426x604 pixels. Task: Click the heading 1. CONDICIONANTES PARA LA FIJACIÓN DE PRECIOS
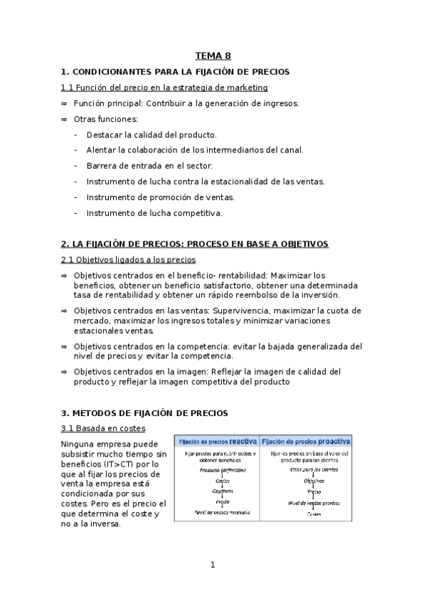pos(176,72)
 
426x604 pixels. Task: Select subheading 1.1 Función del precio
pos(164,88)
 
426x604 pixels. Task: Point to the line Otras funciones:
pos(106,119)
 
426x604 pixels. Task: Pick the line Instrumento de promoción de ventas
pos(160,197)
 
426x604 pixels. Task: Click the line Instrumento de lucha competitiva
pos(154,213)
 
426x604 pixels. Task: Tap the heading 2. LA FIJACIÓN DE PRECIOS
pos(195,244)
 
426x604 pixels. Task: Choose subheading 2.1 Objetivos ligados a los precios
pos(129,260)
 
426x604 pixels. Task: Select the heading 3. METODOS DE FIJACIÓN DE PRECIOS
pos(144,412)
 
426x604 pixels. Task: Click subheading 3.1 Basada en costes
pos(103,428)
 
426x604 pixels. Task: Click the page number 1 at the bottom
pos(212,566)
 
